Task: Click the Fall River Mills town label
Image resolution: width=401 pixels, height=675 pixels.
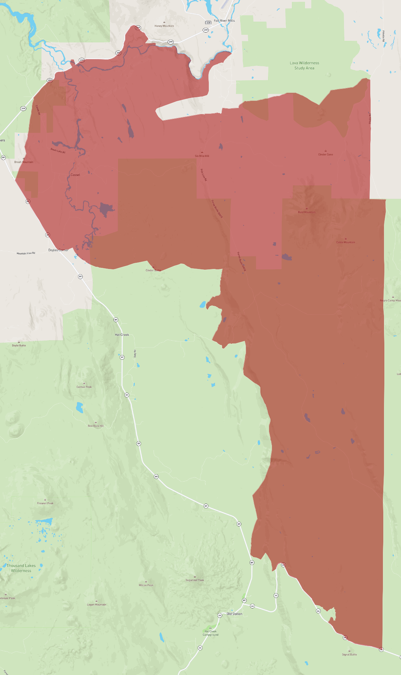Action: [x=224, y=21]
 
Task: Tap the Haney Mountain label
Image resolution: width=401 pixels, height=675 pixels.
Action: [x=164, y=26]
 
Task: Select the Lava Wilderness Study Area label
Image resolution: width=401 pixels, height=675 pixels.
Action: [x=304, y=65]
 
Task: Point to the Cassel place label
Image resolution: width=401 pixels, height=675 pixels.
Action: [x=75, y=175]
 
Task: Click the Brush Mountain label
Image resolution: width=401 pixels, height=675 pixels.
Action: [x=24, y=162]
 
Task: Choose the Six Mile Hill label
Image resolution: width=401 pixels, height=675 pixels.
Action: [x=202, y=156]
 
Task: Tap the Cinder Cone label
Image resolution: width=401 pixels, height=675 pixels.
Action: [x=325, y=154]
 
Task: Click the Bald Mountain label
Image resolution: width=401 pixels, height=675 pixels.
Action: [x=307, y=212]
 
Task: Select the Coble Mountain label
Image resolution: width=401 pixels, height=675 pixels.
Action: [x=345, y=242]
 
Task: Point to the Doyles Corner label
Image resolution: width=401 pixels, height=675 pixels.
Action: [x=58, y=250]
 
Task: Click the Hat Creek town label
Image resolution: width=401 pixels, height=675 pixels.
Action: [x=122, y=335]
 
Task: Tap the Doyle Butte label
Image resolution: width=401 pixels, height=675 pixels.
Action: [x=19, y=345]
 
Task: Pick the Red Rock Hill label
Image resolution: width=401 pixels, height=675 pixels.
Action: [x=96, y=426]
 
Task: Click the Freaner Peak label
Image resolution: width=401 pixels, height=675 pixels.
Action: [x=45, y=503]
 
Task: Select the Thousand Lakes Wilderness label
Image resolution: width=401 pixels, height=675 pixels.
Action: [x=21, y=568]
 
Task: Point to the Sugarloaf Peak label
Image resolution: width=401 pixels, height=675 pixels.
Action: [x=195, y=580]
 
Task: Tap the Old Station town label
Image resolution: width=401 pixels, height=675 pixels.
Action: [x=234, y=614]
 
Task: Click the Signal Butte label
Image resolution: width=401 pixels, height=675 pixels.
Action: [x=349, y=654]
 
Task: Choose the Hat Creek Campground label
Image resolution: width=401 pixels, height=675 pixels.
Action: [x=210, y=633]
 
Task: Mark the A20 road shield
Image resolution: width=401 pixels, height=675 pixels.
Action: [x=208, y=23]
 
